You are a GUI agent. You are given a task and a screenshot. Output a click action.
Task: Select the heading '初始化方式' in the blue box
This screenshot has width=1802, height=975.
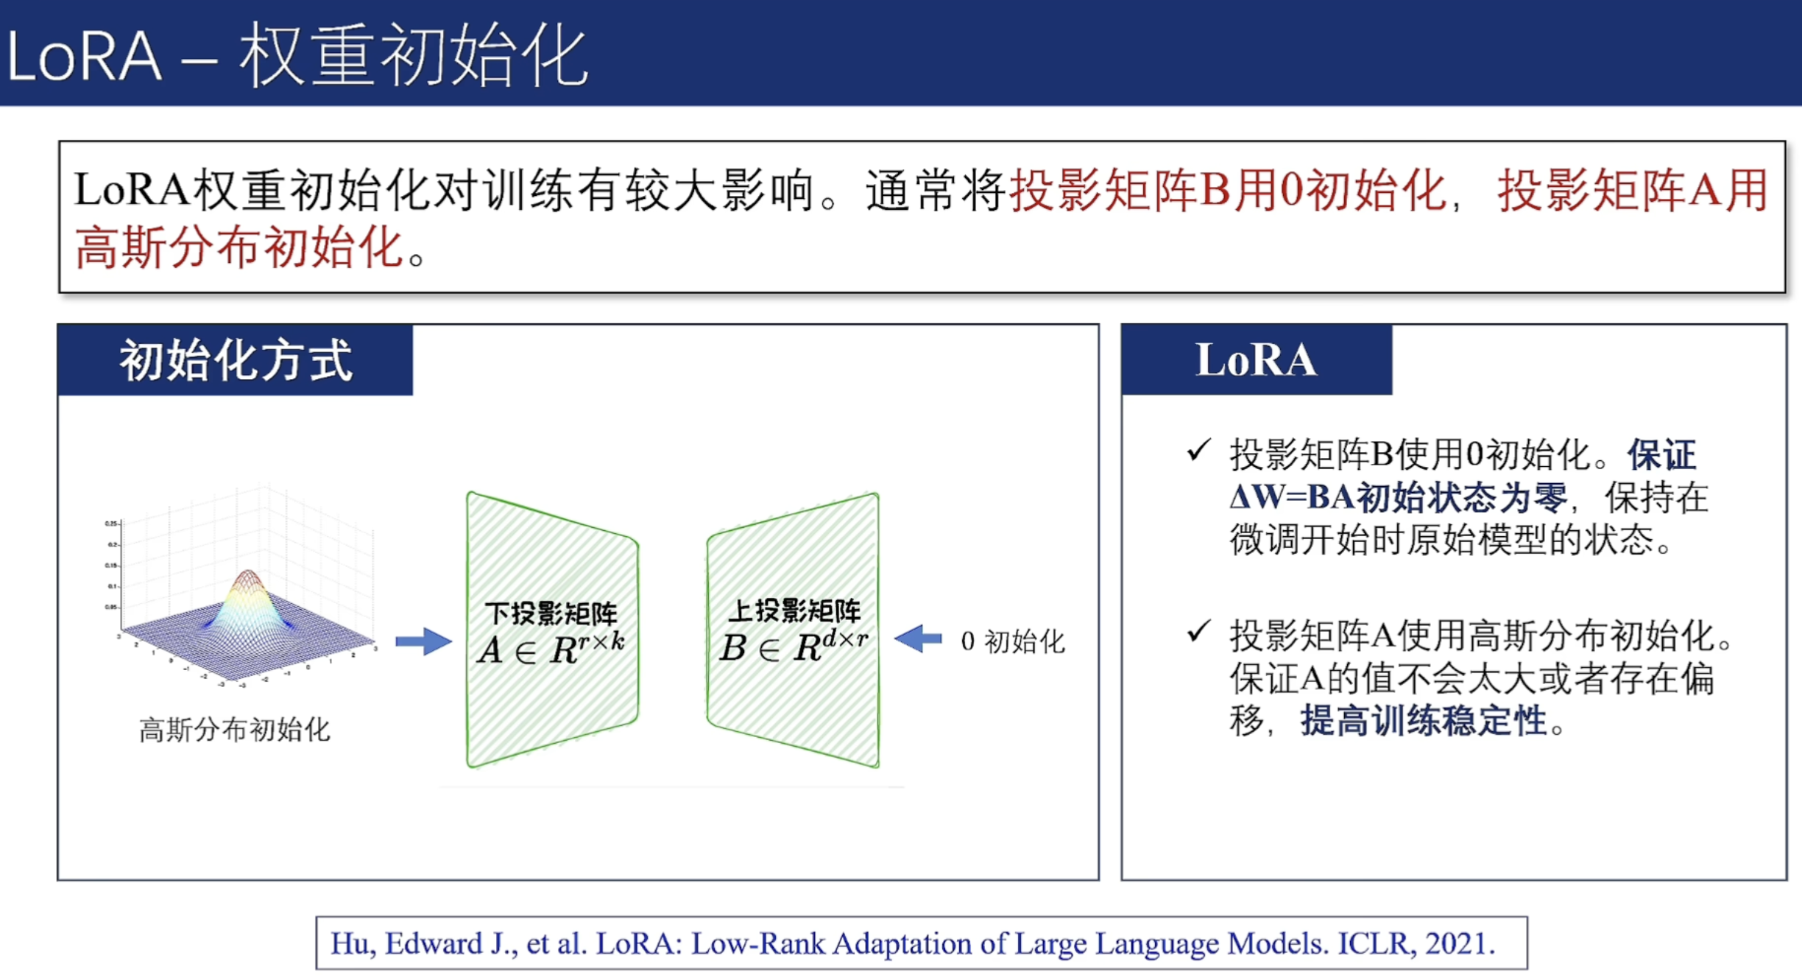pyautogui.click(x=236, y=361)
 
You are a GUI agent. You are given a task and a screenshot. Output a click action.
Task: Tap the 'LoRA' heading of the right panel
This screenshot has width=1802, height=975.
pyautogui.click(x=1256, y=361)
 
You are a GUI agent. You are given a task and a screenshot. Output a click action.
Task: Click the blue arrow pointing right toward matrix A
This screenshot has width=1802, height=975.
pyautogui.click(x=423, y=641)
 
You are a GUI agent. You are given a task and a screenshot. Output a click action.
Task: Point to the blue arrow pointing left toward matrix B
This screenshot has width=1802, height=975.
pyautogui.click(x=918, y=639)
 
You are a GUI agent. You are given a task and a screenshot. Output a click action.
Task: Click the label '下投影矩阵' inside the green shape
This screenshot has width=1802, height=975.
pyautogui.click(x=551, y=613)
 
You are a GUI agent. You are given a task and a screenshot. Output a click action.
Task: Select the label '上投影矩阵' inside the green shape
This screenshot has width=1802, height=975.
pyautogui.click(x=794, y=610)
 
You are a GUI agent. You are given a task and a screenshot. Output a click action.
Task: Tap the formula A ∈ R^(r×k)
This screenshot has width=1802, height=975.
pyautogui.click(x=551, y=649)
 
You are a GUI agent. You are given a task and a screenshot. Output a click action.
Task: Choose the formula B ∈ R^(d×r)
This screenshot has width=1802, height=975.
pyautogui.click(x=794, y=647)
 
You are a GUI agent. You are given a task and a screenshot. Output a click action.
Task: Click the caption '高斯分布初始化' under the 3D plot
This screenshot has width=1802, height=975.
pyautogui.click(x=235, y=730)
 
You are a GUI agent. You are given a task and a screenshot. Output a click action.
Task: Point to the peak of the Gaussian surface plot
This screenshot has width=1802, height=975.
pyautogui.click(x=247, y=573)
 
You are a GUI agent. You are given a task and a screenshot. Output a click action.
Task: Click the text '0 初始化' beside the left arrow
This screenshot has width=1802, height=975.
pyautogui.click(x=1013, y=641)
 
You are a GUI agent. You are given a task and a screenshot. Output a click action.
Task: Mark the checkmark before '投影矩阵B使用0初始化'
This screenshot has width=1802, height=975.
pyautogui.click(x=1198, y=450)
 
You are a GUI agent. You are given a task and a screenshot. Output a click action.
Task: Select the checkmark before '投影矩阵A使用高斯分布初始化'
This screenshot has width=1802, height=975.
pyautogui.click(x=1198, y=631)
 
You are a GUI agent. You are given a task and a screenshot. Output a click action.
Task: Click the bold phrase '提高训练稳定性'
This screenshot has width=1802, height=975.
pyautogui.click(x=1423, y=721)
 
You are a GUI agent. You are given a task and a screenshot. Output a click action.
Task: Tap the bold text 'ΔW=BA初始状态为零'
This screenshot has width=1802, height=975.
pyautogui.click(x=1398, y=498)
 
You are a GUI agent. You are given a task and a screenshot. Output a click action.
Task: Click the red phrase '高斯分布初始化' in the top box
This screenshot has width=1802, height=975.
pyautogui.click(x=239, y=247)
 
